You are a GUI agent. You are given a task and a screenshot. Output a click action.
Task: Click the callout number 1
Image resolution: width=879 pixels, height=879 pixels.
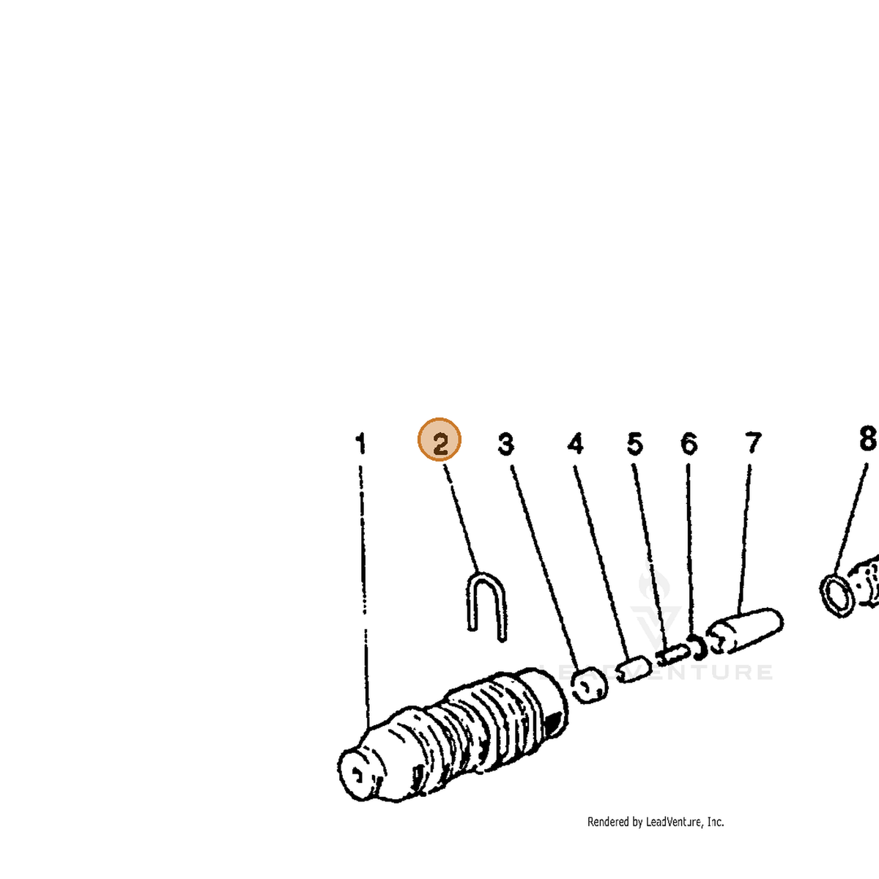pyautogui.click(x=360, y=443)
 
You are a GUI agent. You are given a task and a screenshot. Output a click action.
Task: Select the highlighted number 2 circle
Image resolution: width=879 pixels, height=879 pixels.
pyautogui.click(x=439, y=439)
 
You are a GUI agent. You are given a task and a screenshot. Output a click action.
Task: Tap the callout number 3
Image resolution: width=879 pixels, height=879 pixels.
pyautogui.click(x=506, y=444)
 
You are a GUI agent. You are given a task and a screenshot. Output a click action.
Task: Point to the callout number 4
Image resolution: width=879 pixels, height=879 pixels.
pyautogui.click(x=575, y=443)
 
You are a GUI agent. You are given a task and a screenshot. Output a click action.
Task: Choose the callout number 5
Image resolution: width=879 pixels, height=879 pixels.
pyautogui.click(x=635, y=444)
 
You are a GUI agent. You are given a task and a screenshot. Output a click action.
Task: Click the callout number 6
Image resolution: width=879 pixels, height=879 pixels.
pyautogui.click(x=689, y=444)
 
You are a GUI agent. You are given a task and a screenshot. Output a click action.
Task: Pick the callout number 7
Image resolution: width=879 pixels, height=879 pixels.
pyautogui.click(x=753, y=443)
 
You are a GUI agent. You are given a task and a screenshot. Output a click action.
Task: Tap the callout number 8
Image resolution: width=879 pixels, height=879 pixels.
pyautogui.click(x=867, y=438)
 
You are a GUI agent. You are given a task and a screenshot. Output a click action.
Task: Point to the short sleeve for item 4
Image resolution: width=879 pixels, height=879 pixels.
pyautogui.click(x=635, y=670)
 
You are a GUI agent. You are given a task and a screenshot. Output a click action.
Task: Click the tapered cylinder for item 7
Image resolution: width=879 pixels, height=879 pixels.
pyautogui.click(x=745, y=631)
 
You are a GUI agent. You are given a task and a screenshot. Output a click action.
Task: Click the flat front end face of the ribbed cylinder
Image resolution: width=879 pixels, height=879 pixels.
pyautogui.click(x=357, y=774)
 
